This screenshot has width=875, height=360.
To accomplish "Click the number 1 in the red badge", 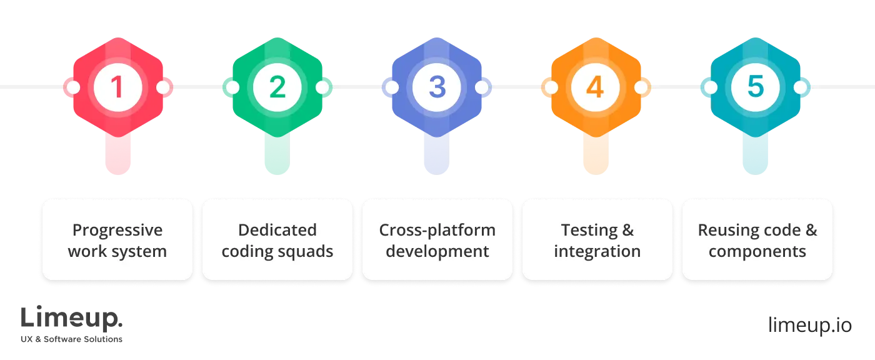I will click(117, 87).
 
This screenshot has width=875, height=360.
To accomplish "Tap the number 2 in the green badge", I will click(277, 87).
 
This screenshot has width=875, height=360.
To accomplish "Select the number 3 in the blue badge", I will click(437, 87).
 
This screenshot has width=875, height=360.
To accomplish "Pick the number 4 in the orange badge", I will click(596, 87).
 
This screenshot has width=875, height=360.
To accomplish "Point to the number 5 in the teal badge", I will click(756, 87).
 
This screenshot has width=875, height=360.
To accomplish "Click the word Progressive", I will click(117, 230).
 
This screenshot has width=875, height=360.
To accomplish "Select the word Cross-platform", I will click(437, 230).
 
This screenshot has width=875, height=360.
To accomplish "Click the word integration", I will click(597, 251).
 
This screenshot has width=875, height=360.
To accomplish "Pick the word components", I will click(757, 251).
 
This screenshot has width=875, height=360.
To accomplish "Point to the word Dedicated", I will click(277, 230).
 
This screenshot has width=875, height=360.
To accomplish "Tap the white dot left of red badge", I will click(72, 87).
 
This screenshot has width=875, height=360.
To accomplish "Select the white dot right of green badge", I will click(322, 87).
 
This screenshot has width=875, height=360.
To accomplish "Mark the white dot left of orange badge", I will click(551, 87).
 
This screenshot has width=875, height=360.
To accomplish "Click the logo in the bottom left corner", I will click(72, 324).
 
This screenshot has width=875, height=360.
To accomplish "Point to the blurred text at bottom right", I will click(809, 326).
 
